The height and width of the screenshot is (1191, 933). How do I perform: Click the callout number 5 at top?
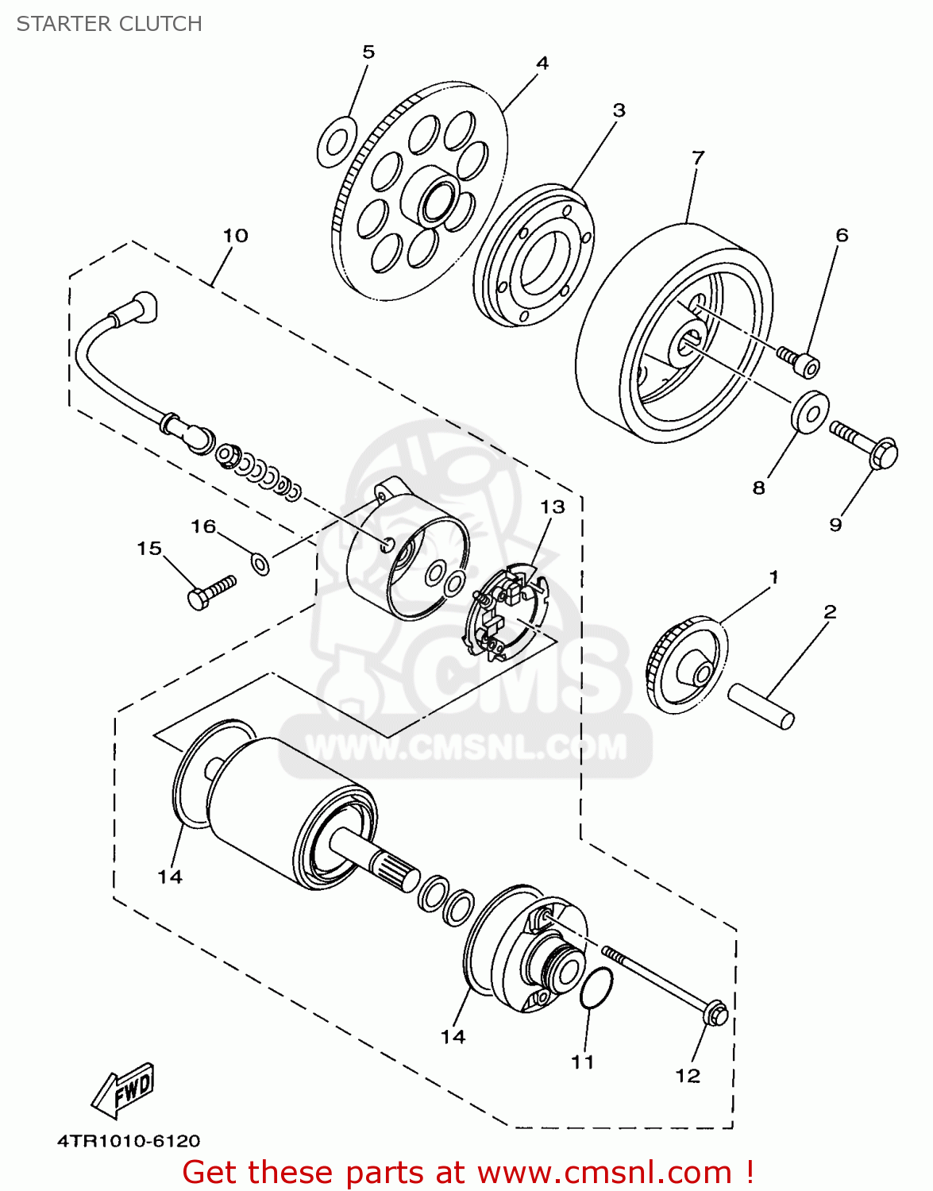(368, 52)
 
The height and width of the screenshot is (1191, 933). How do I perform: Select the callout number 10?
(235, 236)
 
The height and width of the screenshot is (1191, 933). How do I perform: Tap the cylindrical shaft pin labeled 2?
(761, 705)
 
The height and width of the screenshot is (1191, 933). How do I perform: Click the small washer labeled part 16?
(260, 563)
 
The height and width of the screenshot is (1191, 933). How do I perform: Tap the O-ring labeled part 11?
(596, 988)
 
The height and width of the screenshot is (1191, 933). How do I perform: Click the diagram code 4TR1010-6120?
(129, 1141)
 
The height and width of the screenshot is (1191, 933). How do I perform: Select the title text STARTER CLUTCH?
(110, 24)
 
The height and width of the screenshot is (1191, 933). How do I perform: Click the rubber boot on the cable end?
(142, 306)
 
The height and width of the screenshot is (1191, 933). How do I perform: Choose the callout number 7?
(698, 158)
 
